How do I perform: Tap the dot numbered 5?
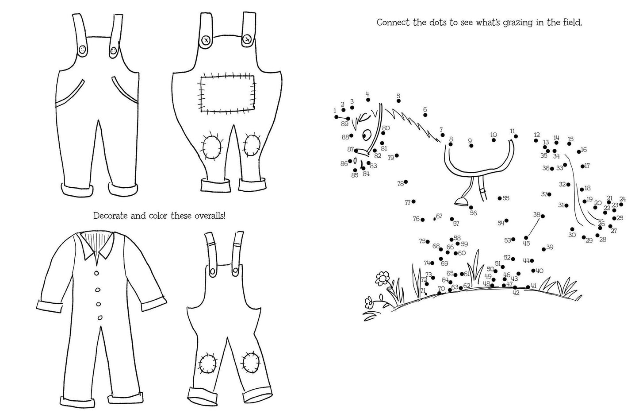point(398,101)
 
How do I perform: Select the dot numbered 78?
point(406,182)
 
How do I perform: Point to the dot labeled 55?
point(500,198)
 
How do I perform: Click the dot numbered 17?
point(582,166)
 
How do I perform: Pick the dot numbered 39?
point(544,249)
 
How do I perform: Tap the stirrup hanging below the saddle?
point(462,202)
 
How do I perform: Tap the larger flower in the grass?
point(383,278)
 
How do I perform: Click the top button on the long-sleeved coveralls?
point(96,274)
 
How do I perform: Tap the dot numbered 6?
point(425,115)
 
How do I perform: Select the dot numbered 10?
point(494,140)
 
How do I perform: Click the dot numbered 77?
point(413,201)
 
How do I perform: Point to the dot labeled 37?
point(549,194)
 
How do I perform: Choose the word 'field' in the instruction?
point(572,22)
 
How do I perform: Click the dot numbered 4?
point(368,100)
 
